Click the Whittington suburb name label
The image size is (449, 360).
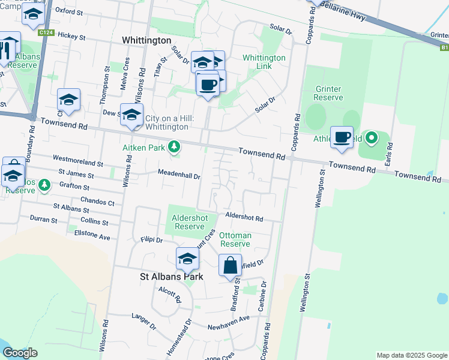click(146, 40)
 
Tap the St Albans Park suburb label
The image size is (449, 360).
click(171, 277)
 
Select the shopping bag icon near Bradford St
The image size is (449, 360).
click(231, 265)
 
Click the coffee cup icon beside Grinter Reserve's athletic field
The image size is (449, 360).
click(342, 137)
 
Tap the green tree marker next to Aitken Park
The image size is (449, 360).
click(174, 146)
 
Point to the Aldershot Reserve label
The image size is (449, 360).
click(189, 222)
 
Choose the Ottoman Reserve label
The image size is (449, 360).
click(235, 239)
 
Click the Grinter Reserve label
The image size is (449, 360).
click(328, 93)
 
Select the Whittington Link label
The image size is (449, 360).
click(264, 62)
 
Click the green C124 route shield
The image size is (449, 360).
click(45, 32)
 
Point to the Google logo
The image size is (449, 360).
click(20, 353)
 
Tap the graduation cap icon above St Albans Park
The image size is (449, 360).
click(187, 259)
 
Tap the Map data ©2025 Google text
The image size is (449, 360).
click(411, 355)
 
